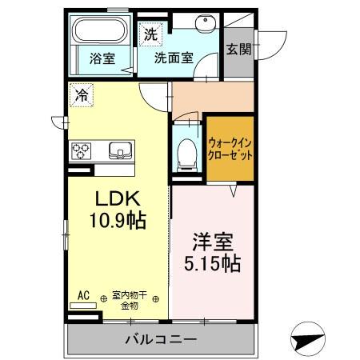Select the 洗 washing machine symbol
pos(150,34)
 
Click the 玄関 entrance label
pos(238,49)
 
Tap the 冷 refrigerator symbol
pos(82,94)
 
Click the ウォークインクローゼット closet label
pos(230,149)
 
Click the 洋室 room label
pos(212,242)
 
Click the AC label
pos(83,295)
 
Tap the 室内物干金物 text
pos(130,299)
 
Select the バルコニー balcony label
pos(160,340)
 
